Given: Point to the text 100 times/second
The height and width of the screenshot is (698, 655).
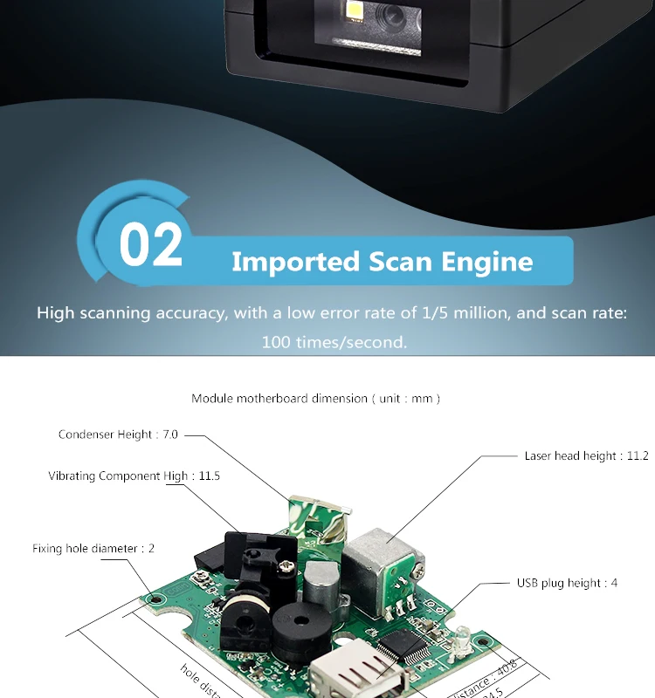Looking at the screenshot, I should click(x=334, y=342).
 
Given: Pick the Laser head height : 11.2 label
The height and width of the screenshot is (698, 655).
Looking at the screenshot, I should click(x=586, y=455).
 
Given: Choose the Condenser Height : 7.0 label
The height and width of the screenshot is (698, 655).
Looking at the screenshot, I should click(x=119, y=435).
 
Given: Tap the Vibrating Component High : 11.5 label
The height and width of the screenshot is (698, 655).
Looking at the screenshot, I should click(x=134, y=476).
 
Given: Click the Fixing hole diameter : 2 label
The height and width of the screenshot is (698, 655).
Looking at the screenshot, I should click(x=93, y=548).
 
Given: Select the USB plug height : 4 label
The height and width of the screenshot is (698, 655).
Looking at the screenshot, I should click(x=567, y=582).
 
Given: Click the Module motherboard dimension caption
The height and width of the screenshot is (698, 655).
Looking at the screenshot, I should click(x=316, y=398).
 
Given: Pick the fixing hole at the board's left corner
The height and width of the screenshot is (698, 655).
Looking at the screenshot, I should click(x=155, y=599).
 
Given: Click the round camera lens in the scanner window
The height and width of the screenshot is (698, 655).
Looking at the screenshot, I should click(x=390, y=15).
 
